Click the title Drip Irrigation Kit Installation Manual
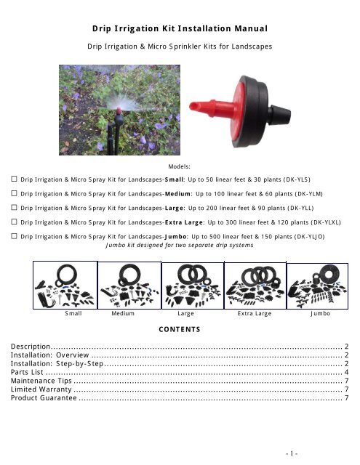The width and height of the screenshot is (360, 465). point(180,29)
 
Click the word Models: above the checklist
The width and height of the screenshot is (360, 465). point(180,166)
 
